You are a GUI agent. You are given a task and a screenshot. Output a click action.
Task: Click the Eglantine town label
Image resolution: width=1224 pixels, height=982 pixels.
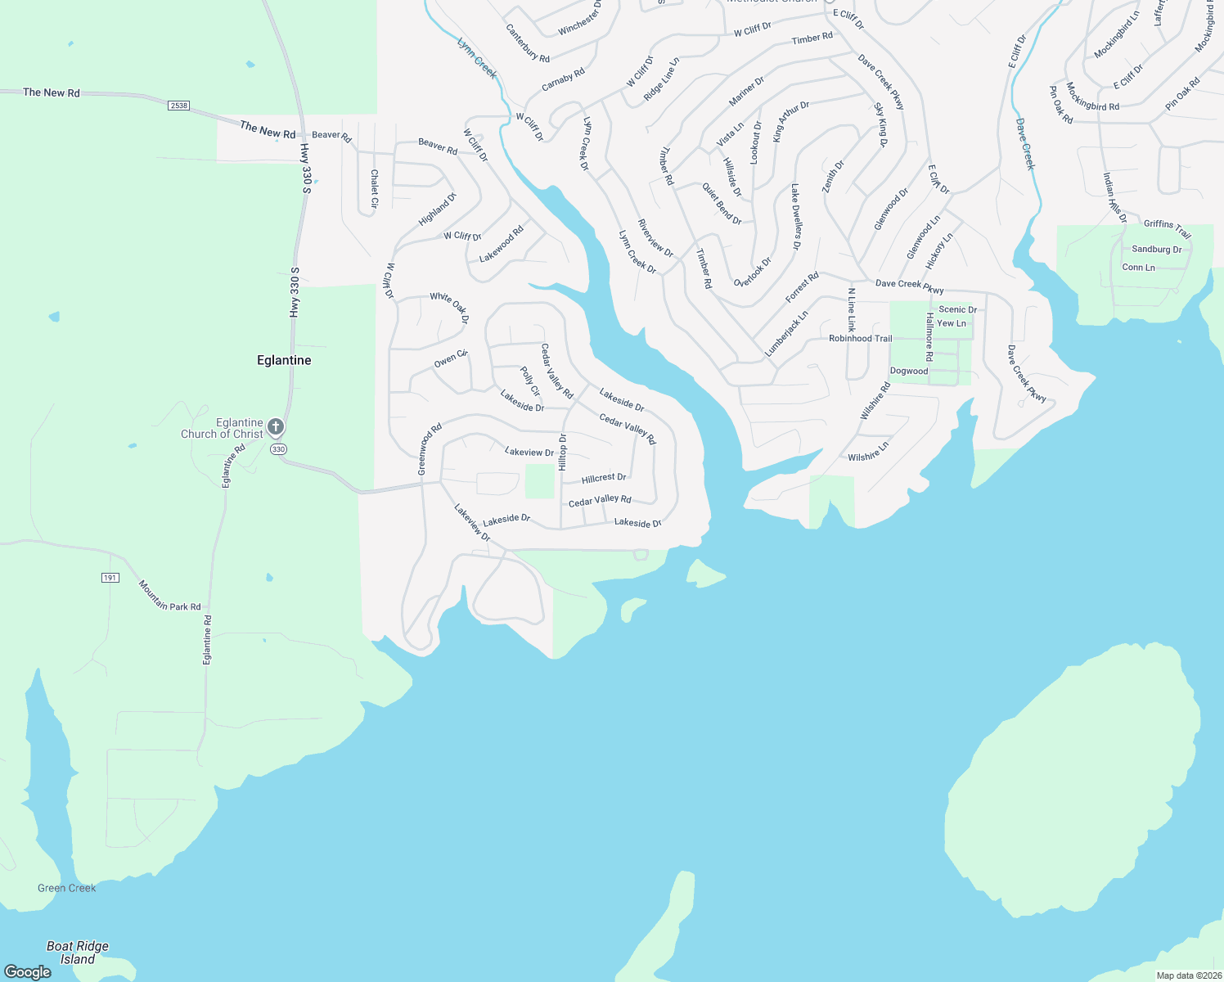click(284, 360)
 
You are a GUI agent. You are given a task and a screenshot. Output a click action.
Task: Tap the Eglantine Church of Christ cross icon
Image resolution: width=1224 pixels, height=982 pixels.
click(277, 426)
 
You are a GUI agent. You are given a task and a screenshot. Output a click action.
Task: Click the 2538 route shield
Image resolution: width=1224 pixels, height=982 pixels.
click(178, 106)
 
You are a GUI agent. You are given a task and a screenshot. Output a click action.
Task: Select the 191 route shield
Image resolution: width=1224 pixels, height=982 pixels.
click(110, 578)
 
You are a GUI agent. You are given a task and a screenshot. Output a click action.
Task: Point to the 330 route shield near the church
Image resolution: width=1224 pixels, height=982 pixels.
click(279, 449)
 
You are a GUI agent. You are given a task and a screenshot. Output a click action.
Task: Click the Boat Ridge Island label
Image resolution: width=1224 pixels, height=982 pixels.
click(78, 953)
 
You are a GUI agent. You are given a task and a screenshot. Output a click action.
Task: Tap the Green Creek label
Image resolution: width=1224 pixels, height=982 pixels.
click(67, 888)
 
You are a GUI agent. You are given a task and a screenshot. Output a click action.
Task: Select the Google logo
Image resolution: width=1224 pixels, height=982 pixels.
click(28, 971)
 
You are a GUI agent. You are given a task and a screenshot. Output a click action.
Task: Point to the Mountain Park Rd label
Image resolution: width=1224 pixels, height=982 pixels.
click(169, 596)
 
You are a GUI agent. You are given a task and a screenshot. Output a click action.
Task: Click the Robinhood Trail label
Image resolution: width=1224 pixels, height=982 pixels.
click(860, 338)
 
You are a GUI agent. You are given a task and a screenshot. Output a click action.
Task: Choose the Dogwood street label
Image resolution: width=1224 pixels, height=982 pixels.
click(909, 371)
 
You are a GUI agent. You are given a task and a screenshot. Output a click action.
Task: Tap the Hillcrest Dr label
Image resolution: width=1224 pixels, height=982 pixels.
click(604, 478)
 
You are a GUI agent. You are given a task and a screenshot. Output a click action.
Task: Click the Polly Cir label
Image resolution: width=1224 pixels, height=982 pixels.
click(530, 381)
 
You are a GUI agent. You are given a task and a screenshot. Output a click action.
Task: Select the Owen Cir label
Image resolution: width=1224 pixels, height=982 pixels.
click(451, 358)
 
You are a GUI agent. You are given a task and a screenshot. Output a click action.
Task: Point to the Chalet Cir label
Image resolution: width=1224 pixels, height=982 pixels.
click(374, 188)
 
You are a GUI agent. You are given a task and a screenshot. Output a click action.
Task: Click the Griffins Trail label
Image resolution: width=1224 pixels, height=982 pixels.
click(1168, 228)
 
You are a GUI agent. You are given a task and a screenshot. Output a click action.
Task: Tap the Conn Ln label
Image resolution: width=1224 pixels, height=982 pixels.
click(1138, 268)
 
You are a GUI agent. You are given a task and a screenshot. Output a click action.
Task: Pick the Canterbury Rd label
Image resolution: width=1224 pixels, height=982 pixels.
click(528, 43)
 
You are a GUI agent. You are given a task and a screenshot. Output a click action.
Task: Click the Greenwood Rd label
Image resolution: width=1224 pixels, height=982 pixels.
click(430, 448)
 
